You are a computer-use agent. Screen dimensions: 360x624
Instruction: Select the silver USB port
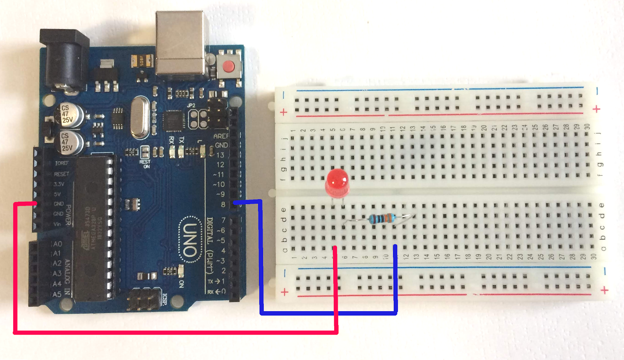click(x=181, y=43)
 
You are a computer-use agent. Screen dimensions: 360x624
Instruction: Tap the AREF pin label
click(x=221, y=136)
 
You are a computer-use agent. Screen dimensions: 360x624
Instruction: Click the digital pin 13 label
click(x=220, y=155)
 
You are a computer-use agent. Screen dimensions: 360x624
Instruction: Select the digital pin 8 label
click(x=223, y=204)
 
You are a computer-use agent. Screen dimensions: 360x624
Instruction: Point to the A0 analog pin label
click(x=57, y=244)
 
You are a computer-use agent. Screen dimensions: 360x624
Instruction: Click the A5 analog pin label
click(x=57, y=294)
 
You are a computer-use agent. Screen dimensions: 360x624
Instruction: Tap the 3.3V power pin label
click(x=59, y=184)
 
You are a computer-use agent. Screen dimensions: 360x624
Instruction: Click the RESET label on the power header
click(x=61, y=174)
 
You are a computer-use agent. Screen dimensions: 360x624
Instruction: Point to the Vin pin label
click(x=57, y=224)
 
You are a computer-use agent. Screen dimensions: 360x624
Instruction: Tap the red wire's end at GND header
click(x=35, y=204)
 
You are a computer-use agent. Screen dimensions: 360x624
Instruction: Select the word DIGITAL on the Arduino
click(x=209, y=230)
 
